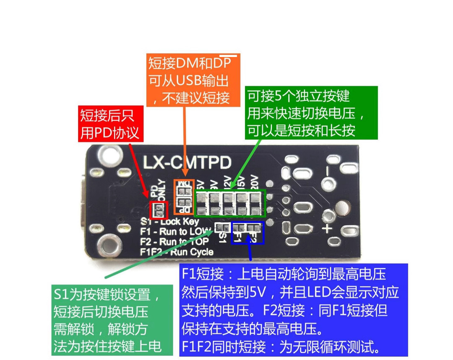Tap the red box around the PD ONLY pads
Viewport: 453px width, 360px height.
pos(159,210)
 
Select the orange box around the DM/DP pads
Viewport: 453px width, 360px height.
pos(184,197)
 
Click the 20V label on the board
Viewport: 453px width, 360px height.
pos(254,185)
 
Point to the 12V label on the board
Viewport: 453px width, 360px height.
pos(227,185)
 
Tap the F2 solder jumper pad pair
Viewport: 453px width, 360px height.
pos(253,228)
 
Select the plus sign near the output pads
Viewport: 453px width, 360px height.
pos(327,229)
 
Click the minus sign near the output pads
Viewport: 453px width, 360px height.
pos(328,182)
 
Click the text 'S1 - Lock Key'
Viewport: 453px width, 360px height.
pos(170,222)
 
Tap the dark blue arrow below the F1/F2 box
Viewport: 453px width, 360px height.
pos(250,252)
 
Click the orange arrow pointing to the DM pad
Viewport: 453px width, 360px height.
pos(185,142)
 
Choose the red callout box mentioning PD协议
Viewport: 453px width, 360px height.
pos(111,123)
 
